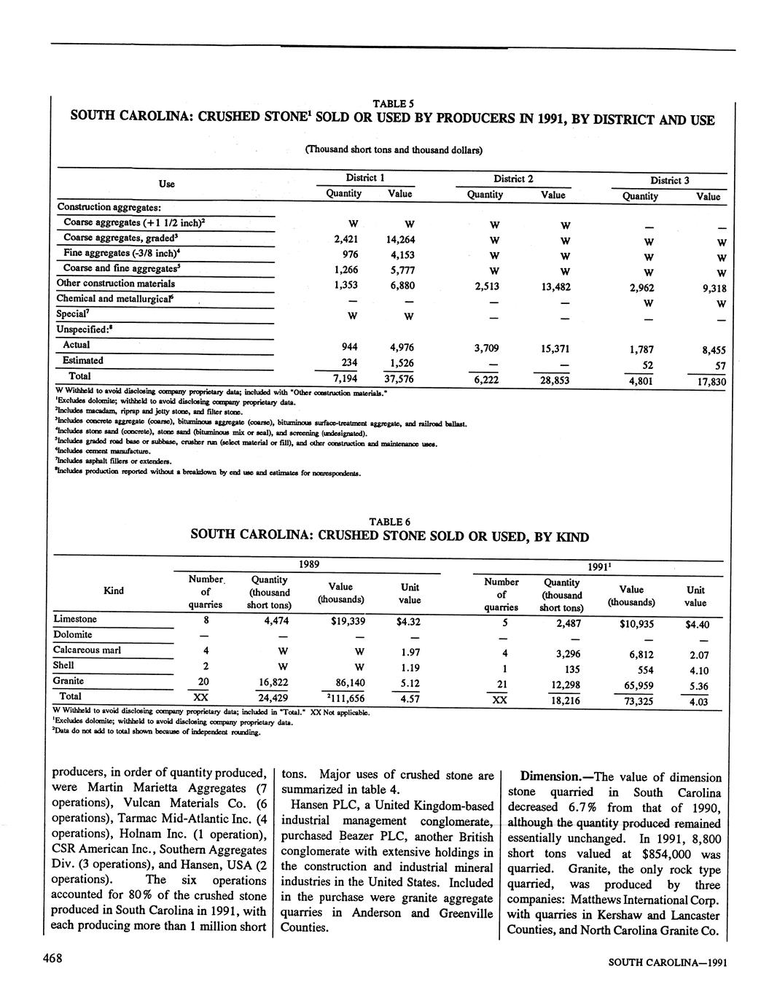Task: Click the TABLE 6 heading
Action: point(389,521)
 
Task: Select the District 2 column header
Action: point(513,178)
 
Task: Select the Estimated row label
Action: point(83,360)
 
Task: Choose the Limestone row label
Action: point(75,619)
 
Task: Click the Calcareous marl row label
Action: point(87,650)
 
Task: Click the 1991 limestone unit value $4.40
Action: point(697,625)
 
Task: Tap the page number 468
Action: point(52,959)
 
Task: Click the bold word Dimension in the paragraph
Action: point(547,777)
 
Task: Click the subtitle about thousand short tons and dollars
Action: point(394,149)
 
